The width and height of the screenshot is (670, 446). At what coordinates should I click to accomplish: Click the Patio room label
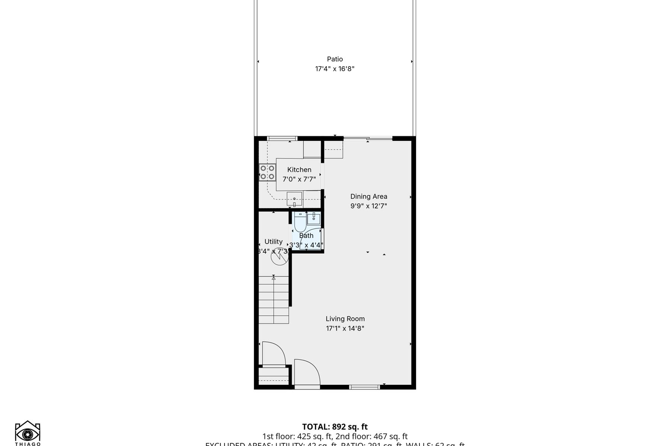click(x=335, y=59)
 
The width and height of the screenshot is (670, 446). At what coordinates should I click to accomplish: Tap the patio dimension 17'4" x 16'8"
click(x=335, y=69)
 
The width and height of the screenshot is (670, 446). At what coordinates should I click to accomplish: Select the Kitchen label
click(x=299, y=170)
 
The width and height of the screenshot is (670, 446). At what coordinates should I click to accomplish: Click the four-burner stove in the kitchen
click(x=267, y=172)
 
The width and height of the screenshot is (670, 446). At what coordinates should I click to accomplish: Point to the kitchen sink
click(x=294, y=199)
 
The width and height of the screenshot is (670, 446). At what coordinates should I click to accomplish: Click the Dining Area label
click(x=368, y=197)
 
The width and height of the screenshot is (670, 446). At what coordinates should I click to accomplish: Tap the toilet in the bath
click(x=300, y=222)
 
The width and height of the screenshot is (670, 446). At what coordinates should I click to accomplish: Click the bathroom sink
click(x=314, y=219)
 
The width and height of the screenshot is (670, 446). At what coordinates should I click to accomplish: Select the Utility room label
click(x=273, y=242)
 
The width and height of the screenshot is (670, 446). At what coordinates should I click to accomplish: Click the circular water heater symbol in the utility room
click(x=279, y=256)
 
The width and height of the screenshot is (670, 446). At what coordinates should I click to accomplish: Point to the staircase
click(x=274, y=300)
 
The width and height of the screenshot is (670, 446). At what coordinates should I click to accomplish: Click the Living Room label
click(x=345, y=319)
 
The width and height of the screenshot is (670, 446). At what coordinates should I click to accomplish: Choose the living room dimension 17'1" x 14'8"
click(x=345, y=329)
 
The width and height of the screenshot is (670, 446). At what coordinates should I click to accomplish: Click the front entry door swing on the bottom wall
click(x=307, y=373)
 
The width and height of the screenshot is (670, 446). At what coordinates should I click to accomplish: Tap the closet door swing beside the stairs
click(x=274, y=354)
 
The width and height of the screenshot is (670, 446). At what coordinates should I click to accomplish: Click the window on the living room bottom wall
click(x=364, y=387)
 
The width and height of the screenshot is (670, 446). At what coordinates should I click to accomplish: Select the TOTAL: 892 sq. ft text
click(x=335, y=427)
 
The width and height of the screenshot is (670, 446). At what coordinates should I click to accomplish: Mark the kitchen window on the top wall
click(x=282, y=139)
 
